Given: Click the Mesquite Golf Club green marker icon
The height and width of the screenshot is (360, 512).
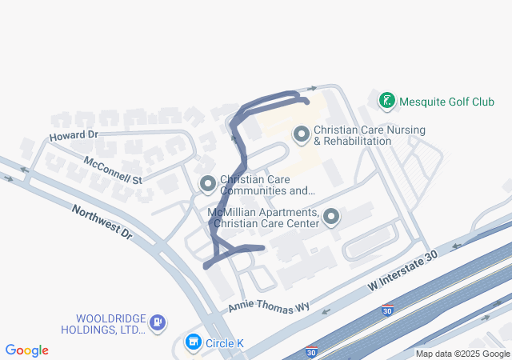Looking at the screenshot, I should [387, 101].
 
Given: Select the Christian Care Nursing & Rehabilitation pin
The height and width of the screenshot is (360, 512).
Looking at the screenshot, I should [302, 134].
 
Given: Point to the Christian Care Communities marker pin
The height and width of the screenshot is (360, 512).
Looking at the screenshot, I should [208, 185].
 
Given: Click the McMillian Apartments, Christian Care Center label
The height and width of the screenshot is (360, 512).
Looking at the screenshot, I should [263, 218].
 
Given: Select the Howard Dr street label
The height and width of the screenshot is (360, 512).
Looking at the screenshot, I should [73, 136].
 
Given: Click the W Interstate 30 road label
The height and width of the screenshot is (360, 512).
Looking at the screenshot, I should [405, 268].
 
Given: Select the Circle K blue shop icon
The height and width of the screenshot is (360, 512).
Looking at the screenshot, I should [193, 343].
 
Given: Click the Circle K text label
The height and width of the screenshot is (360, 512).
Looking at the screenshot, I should [225, 344].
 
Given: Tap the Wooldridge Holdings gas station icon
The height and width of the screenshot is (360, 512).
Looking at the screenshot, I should [158, 322].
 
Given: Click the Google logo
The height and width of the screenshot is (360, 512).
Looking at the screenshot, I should [27, 350].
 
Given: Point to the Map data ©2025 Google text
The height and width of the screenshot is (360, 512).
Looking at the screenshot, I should [462, 354].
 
